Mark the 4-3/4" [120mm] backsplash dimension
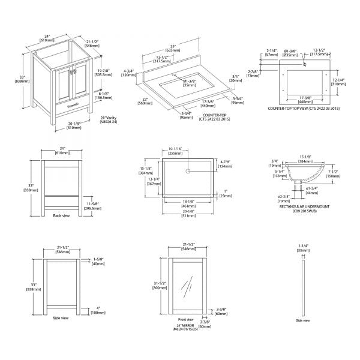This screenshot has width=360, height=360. (x=128, y=73)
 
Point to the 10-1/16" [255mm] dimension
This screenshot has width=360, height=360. (x=175, y=151)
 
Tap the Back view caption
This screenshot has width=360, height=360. (x=61, y=215)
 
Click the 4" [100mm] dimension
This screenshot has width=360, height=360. (x=98, y=311)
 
